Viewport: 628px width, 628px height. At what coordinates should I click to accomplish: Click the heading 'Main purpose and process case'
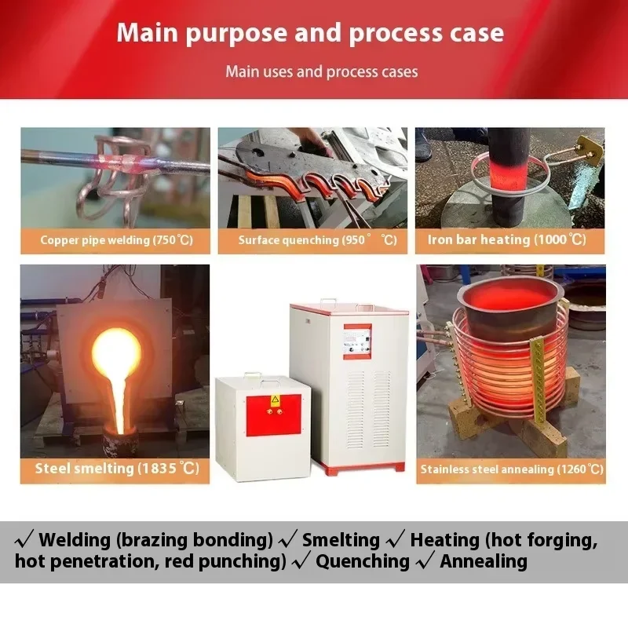310,33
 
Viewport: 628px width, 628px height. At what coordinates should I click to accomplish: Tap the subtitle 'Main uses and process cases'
322,71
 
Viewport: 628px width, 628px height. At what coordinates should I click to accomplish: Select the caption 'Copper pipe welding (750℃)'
115,239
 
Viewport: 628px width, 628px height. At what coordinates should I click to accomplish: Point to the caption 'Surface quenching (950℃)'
313,239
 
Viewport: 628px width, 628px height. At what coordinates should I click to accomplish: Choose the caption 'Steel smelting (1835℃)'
115,469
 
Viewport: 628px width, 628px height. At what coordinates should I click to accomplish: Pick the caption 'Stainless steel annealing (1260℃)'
511,469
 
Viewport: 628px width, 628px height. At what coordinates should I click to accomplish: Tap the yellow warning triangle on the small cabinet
275,400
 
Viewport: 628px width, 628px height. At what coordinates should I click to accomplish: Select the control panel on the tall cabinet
357,341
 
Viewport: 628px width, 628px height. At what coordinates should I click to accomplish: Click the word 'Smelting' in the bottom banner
340,539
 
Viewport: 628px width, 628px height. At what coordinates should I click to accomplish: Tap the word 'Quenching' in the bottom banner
363,561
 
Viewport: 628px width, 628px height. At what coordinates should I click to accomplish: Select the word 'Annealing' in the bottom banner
483,561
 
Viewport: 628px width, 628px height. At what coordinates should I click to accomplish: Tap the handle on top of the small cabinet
251,376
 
